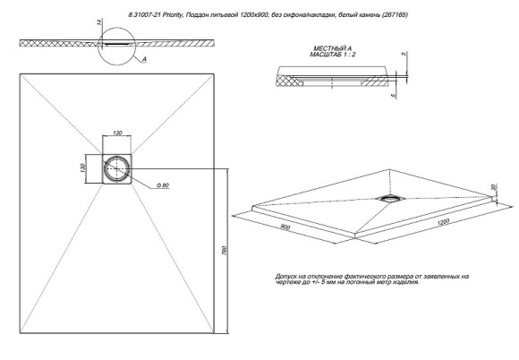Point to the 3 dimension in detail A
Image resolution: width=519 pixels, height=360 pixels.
point(404,56)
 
